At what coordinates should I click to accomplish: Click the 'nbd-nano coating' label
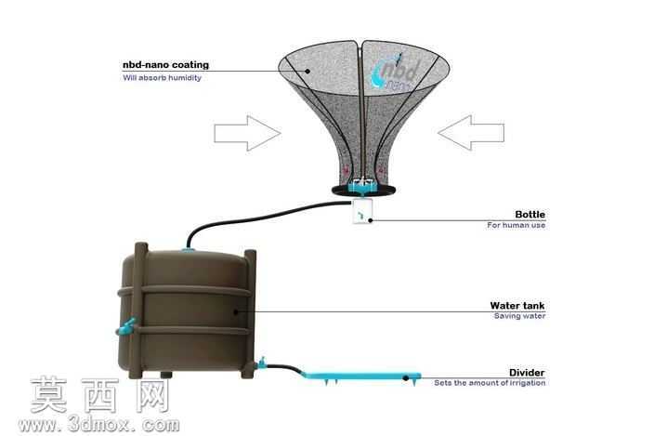(x=165, y=65)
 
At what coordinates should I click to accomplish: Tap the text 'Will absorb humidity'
(x=162, y=78)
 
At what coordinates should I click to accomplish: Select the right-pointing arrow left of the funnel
(x=248, y=133)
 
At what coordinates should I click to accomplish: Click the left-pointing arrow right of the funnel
(x=471, y=133)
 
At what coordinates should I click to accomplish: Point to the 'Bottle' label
(x=530, y=215)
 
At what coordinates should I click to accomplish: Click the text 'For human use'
(x=516, y=225)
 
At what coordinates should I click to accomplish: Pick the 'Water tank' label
(x=517, y=306)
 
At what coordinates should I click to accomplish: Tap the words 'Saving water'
(x=519, y=316)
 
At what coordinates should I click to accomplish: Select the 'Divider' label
(x=527, y=373)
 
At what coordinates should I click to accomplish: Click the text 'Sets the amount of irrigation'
(x=490, y=383)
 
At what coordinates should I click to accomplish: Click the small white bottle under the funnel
(x=362, y=211)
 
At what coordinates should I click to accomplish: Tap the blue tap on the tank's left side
(x=126, y=326)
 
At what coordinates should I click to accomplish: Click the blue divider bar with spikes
(x=360, y=377)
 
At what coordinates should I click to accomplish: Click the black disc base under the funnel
(x=364, y=191)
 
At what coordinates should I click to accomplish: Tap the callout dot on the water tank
(x=236, y=311)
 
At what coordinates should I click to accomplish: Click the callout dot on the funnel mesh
(x=307, y=71)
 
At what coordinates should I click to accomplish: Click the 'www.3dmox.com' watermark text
(x=99, y=425)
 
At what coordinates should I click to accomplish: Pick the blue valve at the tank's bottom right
(x=262, y=363)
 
